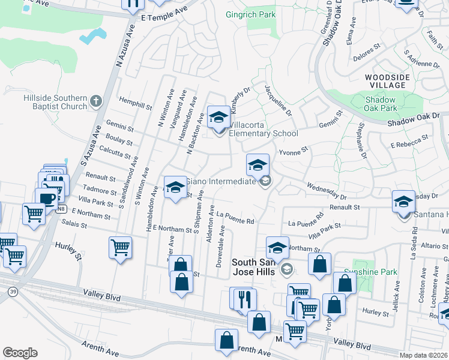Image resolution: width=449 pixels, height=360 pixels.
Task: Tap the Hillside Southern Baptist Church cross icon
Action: [x=95, y=101]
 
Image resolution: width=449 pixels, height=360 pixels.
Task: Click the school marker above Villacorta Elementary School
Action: [x=218, y=116]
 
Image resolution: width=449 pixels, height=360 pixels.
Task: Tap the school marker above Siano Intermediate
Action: [x=257, y=165]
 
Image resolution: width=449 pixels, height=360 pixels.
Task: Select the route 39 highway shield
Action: [x=12, y=291]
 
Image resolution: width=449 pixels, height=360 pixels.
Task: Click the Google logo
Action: [x=20, y=353]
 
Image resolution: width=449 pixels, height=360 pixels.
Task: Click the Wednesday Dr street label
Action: [x=327, y=191]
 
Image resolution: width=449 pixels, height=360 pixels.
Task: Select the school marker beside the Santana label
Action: [x=403, y=201]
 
